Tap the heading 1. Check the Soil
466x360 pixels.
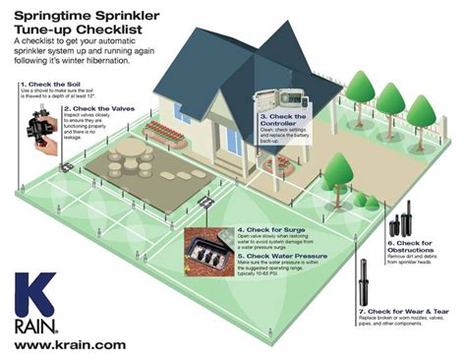[49, 86]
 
